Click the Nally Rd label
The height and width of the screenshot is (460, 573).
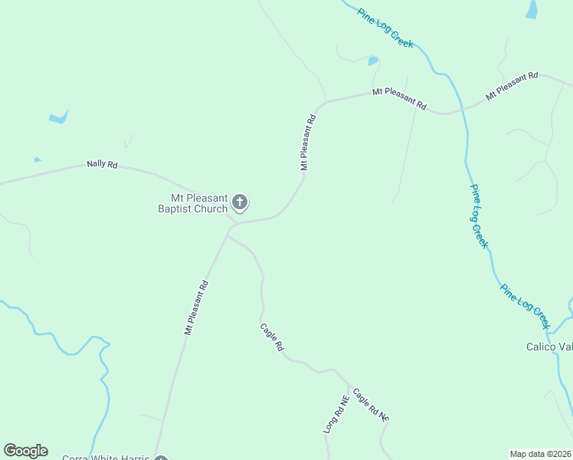[x=102, y=164]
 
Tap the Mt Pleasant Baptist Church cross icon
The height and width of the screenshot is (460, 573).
[x=240, y=202]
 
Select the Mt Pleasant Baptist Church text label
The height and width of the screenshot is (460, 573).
[x=193, y=203]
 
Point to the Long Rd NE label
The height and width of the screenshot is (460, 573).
[x=336, y=415]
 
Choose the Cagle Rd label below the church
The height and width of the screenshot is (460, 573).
[x=272, y=337]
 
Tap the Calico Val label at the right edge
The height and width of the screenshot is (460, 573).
[x=548, y=347]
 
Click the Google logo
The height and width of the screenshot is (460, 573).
[x=25, y=451]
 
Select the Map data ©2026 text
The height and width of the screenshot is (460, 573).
[x=540, y=454]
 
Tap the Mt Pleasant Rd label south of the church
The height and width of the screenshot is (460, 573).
[x=196, y=307]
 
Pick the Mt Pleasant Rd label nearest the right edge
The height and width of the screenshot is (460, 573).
[x=512, y=87]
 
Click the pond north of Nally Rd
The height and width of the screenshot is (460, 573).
[x=58, y=118]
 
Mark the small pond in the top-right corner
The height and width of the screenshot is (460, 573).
[x=532, y=8]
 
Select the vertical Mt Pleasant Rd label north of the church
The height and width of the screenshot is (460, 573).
[x=307, y=143]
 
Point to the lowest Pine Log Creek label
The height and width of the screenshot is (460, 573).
[x=526, y=303]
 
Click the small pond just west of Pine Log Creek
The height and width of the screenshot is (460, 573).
[x=373, y=61]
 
